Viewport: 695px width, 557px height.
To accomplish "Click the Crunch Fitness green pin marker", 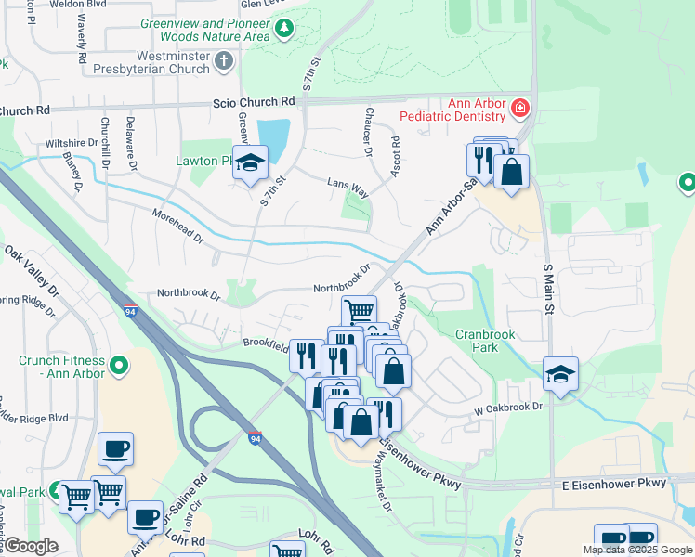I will (x=118, y=366).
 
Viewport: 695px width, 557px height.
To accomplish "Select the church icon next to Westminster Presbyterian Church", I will (x=222, y=62).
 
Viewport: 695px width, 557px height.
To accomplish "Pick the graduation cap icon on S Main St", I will (x=560, y=374).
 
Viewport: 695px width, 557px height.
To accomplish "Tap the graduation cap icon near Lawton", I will (x=248, y=163).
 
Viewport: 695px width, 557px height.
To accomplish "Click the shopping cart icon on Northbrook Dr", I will (x=359, y=310).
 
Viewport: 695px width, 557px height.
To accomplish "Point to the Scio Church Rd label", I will (x=255, y=101).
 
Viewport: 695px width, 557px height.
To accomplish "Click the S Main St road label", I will (x=547, y=288).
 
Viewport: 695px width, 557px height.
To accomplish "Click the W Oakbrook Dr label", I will (x=508, y=406).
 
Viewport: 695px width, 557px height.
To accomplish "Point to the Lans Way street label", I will (x=347, y=186).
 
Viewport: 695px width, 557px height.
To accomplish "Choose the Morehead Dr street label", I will (x=177, y=226).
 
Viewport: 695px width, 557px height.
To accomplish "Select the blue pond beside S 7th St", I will (x=273, y=139).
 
